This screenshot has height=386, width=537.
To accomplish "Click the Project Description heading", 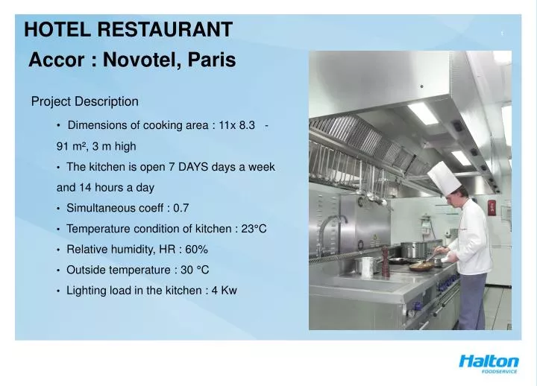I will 84,101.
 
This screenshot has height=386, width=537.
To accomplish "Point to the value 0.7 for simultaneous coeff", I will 181,208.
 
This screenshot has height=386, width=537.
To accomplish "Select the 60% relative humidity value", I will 195,249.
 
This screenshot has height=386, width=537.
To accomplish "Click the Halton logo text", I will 489,361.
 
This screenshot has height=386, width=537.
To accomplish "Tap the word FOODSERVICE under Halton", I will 499,372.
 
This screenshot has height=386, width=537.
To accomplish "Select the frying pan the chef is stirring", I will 421,263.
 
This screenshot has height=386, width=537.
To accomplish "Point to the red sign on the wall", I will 492,207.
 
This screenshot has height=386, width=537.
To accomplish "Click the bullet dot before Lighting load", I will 58,291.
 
